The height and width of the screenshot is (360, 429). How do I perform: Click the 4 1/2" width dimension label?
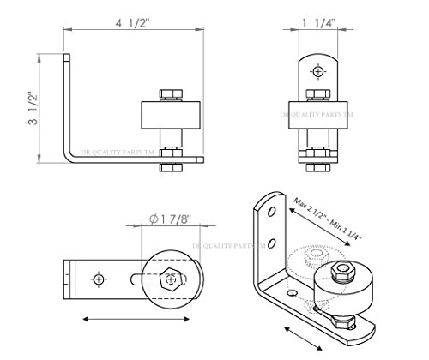133,23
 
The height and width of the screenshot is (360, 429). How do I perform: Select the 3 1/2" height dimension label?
33,108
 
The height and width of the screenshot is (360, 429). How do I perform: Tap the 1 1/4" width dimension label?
319,23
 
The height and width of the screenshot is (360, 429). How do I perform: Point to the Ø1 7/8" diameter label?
170,219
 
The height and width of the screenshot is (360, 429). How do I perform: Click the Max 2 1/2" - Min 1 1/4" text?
328,219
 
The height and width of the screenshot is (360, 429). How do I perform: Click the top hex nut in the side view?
171,94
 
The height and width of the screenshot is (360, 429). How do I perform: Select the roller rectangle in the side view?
171,115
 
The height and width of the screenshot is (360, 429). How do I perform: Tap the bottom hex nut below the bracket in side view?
171,167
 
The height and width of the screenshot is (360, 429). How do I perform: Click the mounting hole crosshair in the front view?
318,71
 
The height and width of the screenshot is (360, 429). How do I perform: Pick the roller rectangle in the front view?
318,115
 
